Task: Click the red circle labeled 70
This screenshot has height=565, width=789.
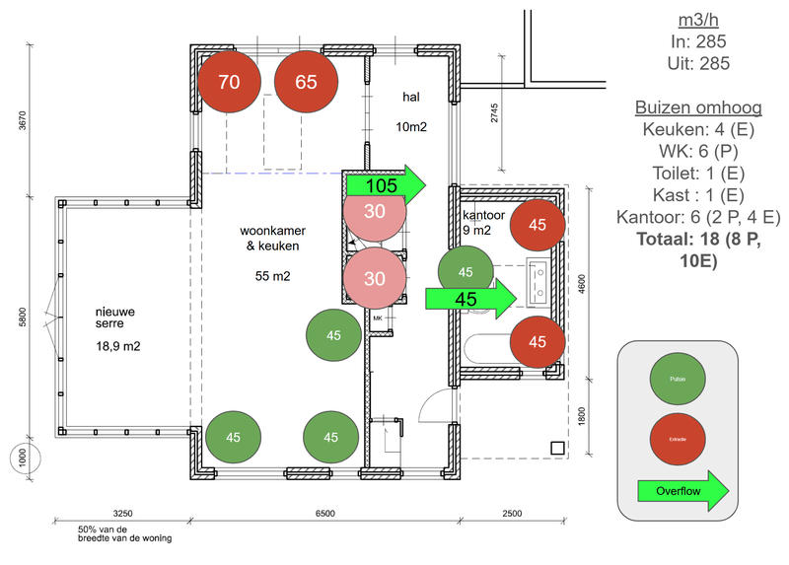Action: (x=229, y=82)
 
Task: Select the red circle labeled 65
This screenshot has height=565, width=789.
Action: (x=306, y=82)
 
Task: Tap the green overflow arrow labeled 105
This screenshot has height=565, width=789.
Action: (x=386, y=184)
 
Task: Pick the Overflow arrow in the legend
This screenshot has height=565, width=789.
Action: (x=682, y=490)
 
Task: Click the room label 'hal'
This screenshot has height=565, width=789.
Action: (x=411, y=97)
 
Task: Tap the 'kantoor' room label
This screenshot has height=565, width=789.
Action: (x=483, y=215)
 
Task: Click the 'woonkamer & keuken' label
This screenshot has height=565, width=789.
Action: (x=269, y=239)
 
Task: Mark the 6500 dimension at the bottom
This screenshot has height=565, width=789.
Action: (x=324, y=514)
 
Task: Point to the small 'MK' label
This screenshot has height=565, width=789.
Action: (x=377, y=318)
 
